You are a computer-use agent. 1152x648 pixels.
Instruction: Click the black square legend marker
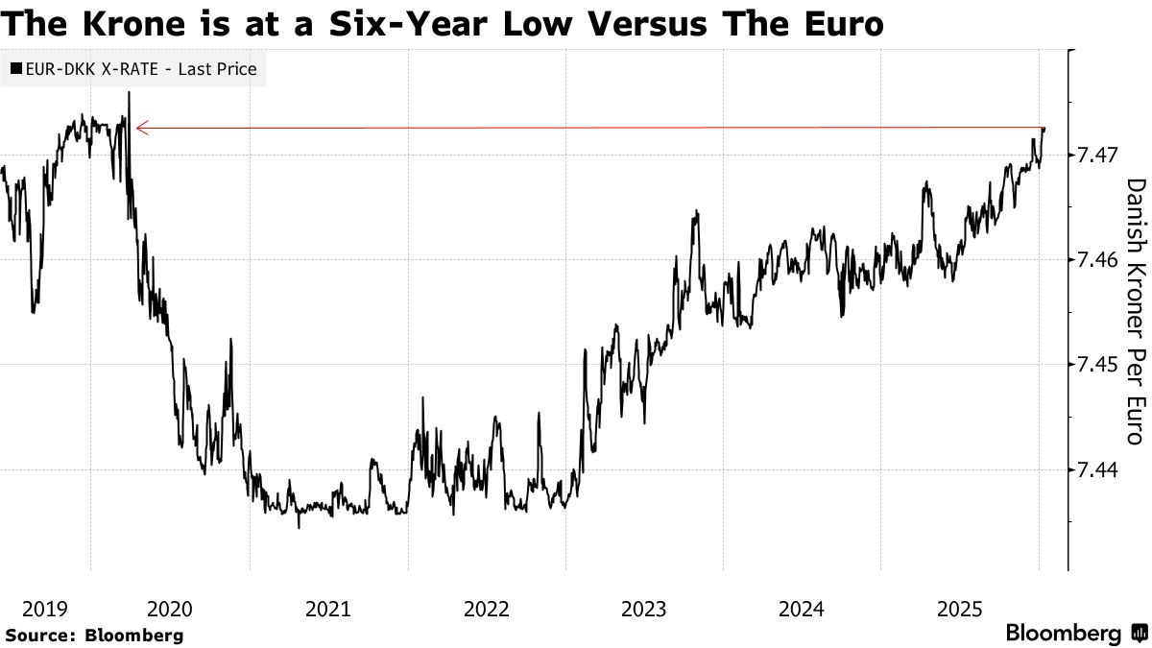point(15,69)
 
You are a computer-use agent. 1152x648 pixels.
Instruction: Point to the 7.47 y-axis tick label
point(1101,154)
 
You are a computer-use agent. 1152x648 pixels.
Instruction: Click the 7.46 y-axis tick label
point(1101,259)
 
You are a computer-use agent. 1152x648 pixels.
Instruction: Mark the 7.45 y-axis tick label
point(1101,365)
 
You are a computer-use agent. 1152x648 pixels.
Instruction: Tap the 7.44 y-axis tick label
point(1101,469)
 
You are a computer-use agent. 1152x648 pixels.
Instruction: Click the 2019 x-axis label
point(44,609)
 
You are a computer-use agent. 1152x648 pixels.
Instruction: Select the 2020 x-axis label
point(170,609)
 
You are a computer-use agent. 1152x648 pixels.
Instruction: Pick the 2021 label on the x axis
point(328,609)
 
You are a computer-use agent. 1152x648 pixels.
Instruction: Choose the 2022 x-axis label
point(487,609)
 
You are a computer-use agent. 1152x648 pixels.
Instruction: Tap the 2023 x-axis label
point(644,609)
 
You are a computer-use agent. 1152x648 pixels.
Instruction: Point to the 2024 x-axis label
point(803,609)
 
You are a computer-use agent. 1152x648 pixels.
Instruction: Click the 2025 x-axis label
point(961,609)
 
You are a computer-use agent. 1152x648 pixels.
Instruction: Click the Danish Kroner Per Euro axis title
point(1136,312)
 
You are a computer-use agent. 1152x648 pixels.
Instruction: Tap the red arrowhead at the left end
point(140,128)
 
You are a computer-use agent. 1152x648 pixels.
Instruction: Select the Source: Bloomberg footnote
point(94,635)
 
